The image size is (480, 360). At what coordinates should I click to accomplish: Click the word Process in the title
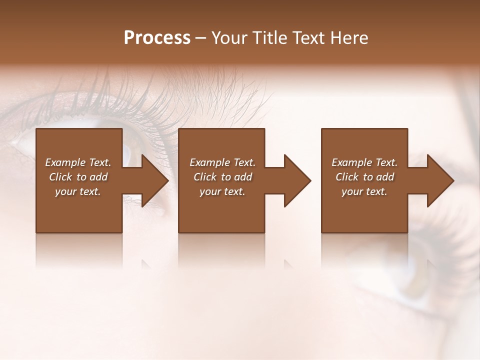point(157,38)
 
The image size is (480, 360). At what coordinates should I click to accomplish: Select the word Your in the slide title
point(230,38)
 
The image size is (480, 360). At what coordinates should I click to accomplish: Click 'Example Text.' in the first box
point(78,162)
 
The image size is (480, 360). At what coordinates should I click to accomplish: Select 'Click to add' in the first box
point(78,177)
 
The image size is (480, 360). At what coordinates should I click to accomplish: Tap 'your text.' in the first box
point(78,191)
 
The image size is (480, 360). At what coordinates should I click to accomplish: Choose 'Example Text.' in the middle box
point(222,162)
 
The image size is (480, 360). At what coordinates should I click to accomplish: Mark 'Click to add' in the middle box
point(222,177)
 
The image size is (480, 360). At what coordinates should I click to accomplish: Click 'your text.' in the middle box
point(222,191)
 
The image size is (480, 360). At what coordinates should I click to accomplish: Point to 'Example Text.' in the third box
point(364,162)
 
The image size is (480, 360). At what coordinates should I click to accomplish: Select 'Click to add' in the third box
point(364,177)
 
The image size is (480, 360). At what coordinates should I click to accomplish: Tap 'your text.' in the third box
point(364,191)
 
